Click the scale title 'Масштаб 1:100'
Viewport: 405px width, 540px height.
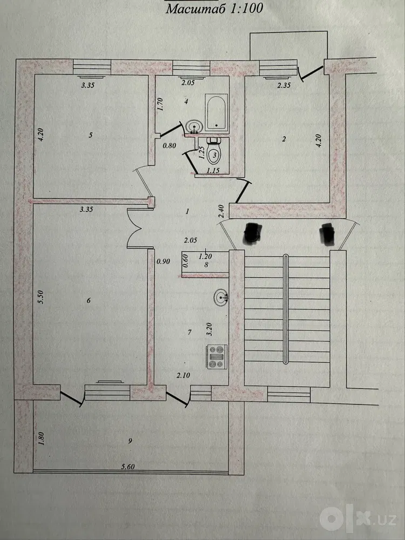214,8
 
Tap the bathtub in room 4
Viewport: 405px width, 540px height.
217,113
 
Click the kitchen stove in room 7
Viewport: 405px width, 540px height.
217,357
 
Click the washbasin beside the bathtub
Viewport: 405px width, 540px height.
194,127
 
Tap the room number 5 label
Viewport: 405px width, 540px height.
91,135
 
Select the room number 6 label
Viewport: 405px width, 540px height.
89,301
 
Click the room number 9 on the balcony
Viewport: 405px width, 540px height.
130,441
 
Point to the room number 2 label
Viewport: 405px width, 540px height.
284,139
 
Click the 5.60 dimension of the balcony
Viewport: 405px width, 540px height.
128,467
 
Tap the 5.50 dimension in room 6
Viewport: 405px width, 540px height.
41,297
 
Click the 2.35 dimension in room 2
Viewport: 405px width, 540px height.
284,86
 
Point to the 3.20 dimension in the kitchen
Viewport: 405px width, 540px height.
209,329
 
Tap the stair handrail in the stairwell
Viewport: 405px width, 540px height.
286,309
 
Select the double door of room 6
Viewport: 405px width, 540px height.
137,228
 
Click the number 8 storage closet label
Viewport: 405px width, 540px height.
206,265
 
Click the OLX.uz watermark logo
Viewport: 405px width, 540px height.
359,518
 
